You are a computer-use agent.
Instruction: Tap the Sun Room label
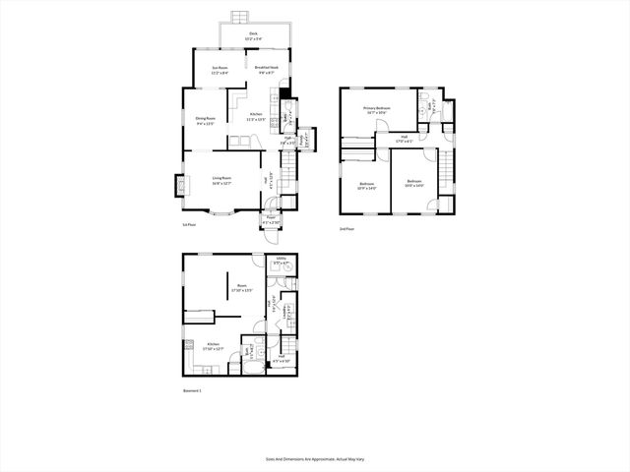pos(220,70)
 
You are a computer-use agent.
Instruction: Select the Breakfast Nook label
pos(266,69)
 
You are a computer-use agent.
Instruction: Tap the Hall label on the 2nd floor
pos(404,138)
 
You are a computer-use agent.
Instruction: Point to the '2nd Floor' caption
pos(347,228)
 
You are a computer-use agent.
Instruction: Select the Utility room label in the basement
pos(281,261)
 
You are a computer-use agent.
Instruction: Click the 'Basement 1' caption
pos(192,391)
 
